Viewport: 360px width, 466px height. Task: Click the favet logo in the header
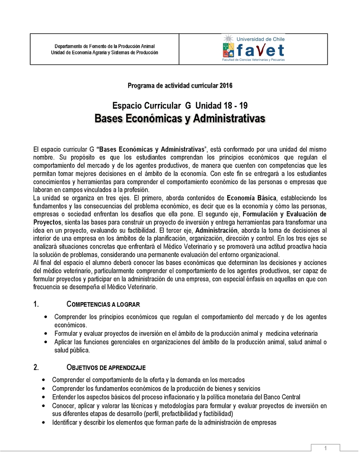[253, 49]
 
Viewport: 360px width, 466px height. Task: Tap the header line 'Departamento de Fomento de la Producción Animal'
[104, 46]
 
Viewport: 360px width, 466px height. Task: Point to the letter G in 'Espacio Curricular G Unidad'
[188, 106]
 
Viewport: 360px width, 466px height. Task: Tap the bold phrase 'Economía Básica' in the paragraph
[251, 198]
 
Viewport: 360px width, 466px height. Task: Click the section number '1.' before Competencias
[36, 304]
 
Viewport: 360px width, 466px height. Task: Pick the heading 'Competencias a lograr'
[103, 304]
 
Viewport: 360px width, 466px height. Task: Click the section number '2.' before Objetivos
[36, 367]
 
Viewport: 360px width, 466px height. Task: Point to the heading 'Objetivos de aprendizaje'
[106, 367]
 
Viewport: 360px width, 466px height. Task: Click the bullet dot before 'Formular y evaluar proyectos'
[47, 334]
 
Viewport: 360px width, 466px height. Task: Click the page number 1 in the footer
[326, 447]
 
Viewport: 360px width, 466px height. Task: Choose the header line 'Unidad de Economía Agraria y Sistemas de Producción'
[104, 53]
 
